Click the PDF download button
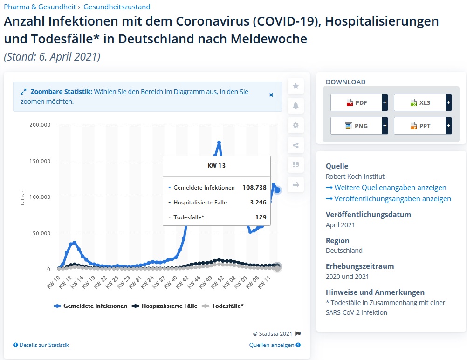click(x=356, y=102)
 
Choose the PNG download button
click(x=356, y=126)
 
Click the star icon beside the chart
click(x=295, y=86)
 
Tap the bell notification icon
click(x=295, y=106)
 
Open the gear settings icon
click(x=295, y=125)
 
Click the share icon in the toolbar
click(x=295, y=145)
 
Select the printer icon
click(x=295, y=184)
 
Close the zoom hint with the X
click(x=271, y=95)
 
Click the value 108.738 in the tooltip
click(x=254, y=188)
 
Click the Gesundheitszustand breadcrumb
click(x=117, y=7)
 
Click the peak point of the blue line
click(x=219, y=143)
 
